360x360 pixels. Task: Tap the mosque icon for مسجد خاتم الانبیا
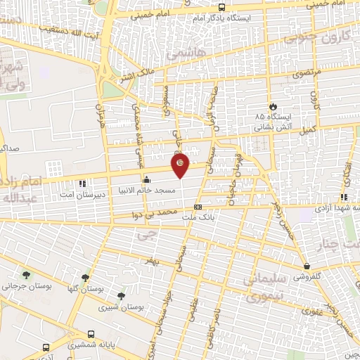coord(146,179)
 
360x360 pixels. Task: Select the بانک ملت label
coord(197,218)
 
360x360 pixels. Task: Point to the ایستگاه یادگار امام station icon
coord(222,6)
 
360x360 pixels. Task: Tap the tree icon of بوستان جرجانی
coord(27,275)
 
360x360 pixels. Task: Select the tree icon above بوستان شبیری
coord(122,296)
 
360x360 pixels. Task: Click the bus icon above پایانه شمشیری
coord(91,335)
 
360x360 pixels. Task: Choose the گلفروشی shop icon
coord(308,266)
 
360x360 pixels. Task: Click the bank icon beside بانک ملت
coord(198,207)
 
